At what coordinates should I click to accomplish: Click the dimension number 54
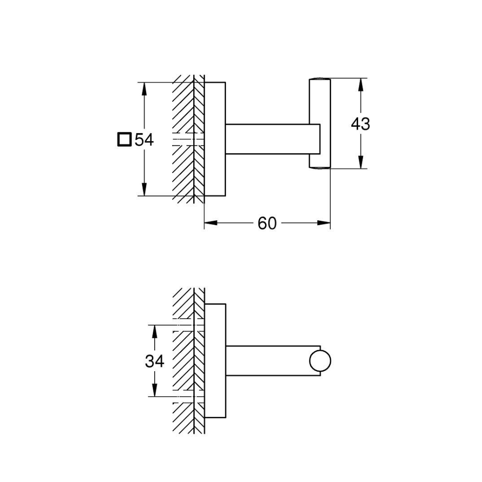click(144, 140)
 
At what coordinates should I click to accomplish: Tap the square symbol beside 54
click(124, 140)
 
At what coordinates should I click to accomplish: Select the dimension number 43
click(360, 124)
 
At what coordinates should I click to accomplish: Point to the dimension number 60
click(267, 223)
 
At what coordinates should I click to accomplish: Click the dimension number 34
click(154, 361)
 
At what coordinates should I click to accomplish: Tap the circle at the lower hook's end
click(321, 362)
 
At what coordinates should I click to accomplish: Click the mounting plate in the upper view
click(215, 139)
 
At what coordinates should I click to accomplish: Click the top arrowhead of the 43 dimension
click(360, 83)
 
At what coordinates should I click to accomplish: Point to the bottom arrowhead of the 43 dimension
click(360, 163)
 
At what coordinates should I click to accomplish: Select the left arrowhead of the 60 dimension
click(210, 223)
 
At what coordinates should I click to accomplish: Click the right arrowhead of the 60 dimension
click(325, 223)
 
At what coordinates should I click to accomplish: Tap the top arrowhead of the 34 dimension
click(154, 330)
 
